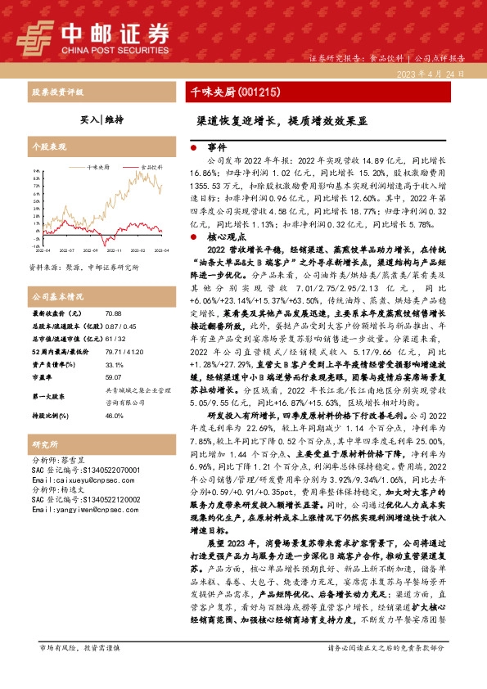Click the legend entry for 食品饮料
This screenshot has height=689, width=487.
151,165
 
